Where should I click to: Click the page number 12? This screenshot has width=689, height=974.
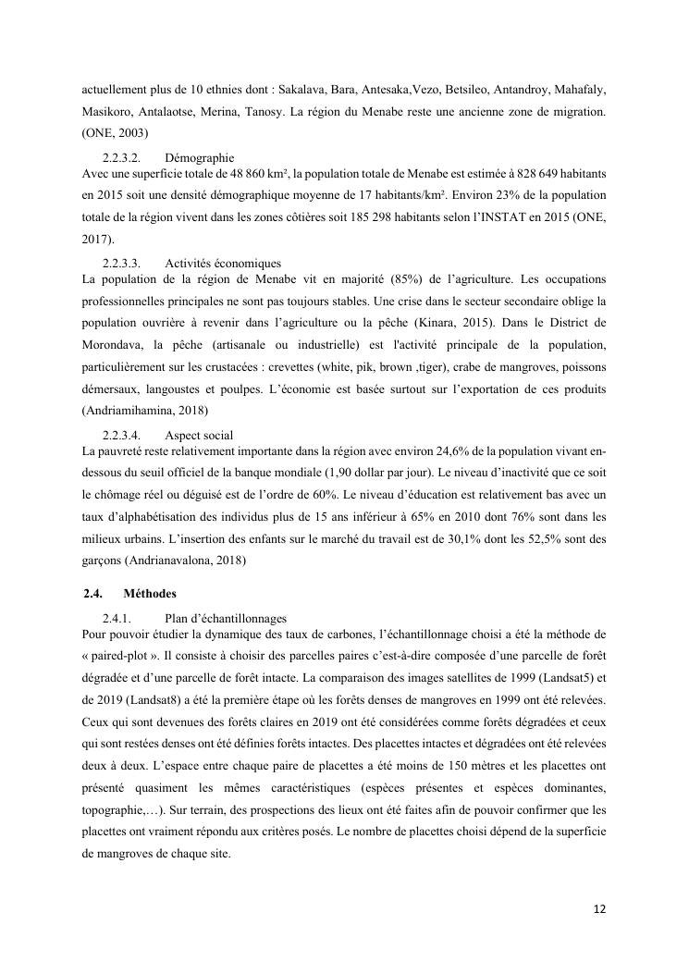tap(599, 908)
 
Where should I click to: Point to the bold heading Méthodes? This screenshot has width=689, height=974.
tap(150, 593)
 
